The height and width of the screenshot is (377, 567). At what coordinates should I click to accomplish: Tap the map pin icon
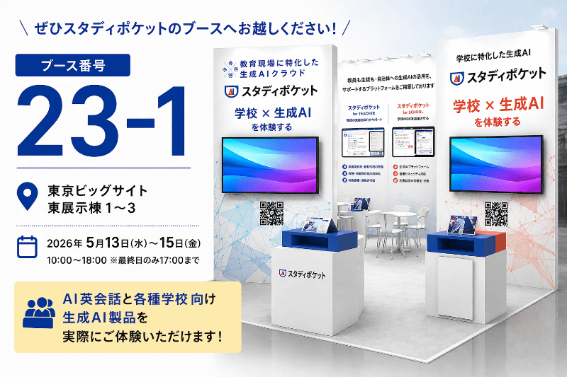coord(26,197)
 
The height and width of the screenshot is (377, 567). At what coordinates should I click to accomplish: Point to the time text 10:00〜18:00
coord(76,260)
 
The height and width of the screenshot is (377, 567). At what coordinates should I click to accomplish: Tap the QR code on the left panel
coord(269,211)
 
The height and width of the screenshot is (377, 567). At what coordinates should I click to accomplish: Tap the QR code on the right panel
coord(497,211)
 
